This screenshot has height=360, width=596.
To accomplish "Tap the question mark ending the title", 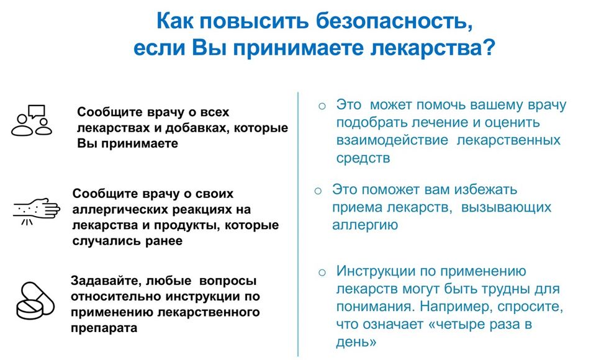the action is [x=488, y=47].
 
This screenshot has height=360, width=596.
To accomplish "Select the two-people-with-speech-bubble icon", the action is [x=31, y=120].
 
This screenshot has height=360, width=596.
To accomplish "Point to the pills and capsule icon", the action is [x=35, y=300].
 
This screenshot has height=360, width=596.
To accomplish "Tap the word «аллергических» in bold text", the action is [x=120, y=209].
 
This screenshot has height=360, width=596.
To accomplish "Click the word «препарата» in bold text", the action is [x=104, y=328].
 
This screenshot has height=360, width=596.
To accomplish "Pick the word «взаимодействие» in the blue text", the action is [x=392, y=140].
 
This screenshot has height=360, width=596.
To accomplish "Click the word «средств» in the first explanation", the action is [x=363, y=158].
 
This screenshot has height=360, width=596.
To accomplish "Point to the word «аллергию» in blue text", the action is [x=365, y=225].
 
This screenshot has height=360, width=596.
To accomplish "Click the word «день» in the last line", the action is [x=356, y=342].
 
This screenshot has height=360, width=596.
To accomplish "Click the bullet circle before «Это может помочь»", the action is [x=322, y=106].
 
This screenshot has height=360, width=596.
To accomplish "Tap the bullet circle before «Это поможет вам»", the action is [x=318, y=191].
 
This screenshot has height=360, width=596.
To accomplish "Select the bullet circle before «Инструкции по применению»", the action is [x=322, y=272].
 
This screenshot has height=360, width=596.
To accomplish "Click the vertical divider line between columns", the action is [x=298, y=224].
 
